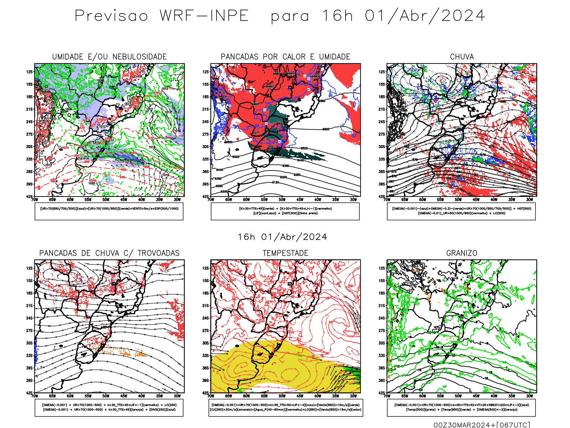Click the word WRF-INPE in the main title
click(204, 16)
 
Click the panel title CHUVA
click(462, 57)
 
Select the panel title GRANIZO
click(462, 253)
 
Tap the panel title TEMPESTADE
click(285, 253)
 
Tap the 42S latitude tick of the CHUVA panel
click(382, 197)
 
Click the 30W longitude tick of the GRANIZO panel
click(530, 396)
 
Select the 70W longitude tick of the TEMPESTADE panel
click(211, 396)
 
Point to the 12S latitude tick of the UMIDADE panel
click(29, 72)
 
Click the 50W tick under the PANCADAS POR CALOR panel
click(282, 200)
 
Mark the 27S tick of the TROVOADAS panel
click(29, 331)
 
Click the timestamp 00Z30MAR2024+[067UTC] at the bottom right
click(482, 424)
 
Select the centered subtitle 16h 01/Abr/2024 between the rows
click(283, 237)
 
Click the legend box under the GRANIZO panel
click(461, 407)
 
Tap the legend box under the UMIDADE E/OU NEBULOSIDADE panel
click(109, 211)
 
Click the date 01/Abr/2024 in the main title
click(425, 16)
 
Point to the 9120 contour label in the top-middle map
click(275, 182)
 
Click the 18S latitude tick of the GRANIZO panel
click(382, 293)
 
